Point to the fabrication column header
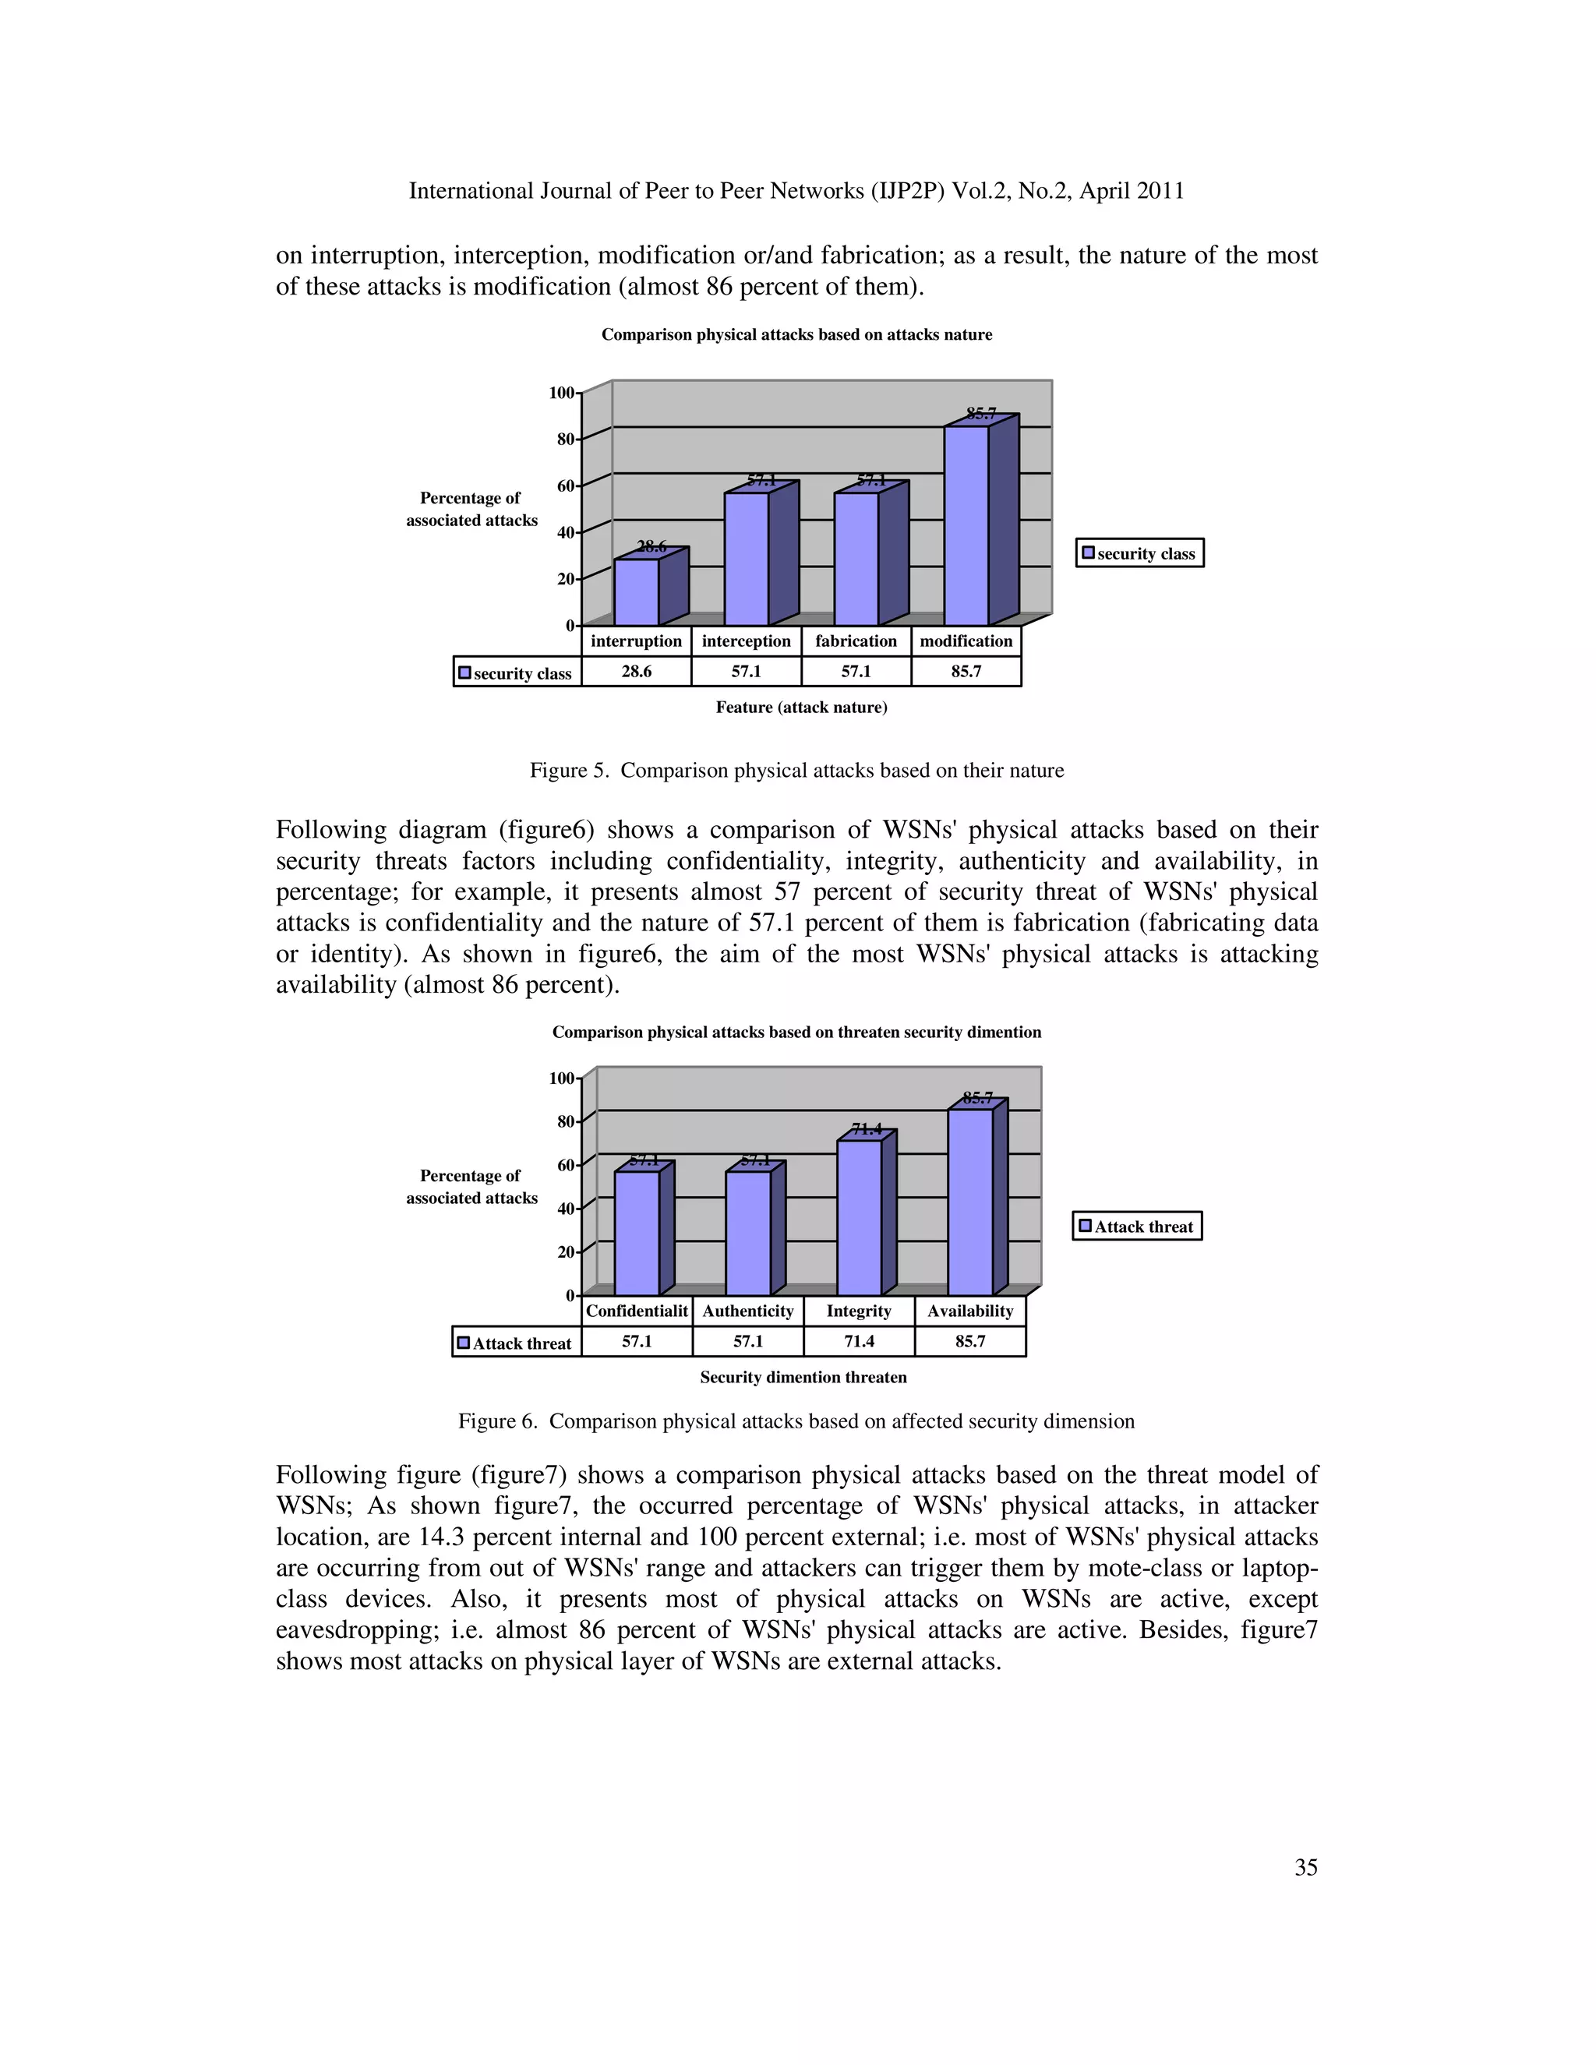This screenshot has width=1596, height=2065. (x=856, y=641)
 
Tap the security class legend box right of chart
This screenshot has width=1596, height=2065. (x=1139, y=553)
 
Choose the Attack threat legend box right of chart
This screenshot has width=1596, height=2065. (x=1136, y=1227)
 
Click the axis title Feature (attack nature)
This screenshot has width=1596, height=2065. (x=801, y=708)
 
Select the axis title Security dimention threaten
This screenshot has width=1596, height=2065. (x=803, y=1377)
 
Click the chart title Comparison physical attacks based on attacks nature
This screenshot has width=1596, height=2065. (x=796, y=335)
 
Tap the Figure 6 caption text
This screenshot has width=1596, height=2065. (x=796, y=1421)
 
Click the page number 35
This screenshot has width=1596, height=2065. (x=1305, y=1867)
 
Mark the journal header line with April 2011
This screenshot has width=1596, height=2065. (x=796, y=191)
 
